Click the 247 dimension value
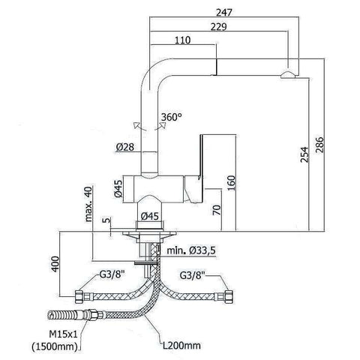224,13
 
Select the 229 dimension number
218,27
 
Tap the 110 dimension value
182,40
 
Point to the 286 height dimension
319,145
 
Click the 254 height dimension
304,155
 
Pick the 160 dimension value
232,183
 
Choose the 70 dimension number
217,210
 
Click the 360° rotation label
171,117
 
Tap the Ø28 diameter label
125,147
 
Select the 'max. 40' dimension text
88,204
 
